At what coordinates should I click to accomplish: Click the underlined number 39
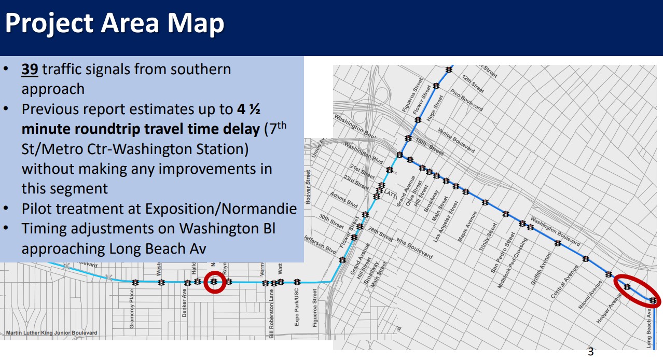[30, 70]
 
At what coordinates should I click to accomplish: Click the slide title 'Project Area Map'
[114, 23]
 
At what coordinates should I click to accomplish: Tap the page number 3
[590, 352]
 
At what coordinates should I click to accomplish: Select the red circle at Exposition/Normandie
[214, 282]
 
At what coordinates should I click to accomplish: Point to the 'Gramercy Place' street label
[132, 310]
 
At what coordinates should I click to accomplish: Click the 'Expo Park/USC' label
[297, 307]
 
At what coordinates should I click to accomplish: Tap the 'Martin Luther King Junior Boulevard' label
[51, 333]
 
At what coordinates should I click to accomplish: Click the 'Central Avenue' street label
[564, 282]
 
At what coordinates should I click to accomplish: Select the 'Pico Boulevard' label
[466, 100]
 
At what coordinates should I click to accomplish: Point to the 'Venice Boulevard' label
[457, 140]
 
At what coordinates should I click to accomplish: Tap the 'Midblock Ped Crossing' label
[514, 263]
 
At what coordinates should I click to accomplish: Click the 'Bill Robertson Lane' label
[271, 314]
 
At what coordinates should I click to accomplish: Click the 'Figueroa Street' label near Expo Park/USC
[314, 308]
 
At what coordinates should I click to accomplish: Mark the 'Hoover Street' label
[308, 187]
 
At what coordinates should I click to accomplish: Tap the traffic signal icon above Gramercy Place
[135, 283]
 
